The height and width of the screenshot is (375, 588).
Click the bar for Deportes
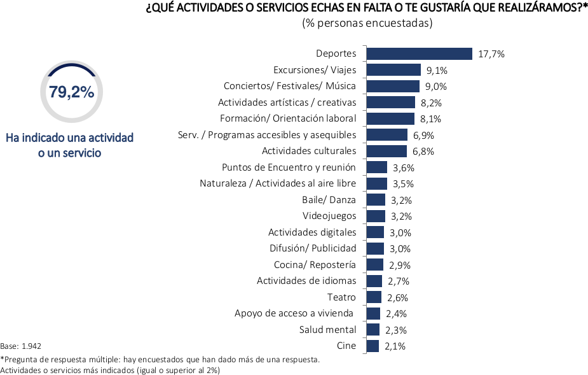coord(419,54)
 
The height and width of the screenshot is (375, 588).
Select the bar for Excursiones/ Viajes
coord(393,70)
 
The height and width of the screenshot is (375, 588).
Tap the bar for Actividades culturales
coord(386,151)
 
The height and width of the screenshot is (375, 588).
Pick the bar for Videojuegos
coord(376,216)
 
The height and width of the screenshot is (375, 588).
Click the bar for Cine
coord(373,346)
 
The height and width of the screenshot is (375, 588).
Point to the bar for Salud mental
coord(373,330)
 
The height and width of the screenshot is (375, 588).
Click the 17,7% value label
coord(491,54)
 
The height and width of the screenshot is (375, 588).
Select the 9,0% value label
coord(436,87)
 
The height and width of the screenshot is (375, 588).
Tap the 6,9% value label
coord(424,135)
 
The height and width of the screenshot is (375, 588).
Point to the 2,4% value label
coord(396,313)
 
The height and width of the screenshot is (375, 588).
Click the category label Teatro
coord(341,297)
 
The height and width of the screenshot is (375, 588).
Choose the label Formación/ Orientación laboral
coord(288,118)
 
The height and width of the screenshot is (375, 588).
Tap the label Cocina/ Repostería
coord(315,265)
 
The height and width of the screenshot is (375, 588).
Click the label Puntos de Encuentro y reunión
coord(289,167)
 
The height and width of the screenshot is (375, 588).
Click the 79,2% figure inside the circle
coord(71,92)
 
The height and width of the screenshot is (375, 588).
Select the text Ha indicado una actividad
coord(70,138)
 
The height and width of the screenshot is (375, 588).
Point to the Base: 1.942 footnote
coord(20,346)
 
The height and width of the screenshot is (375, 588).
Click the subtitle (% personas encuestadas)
coord(367,24)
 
